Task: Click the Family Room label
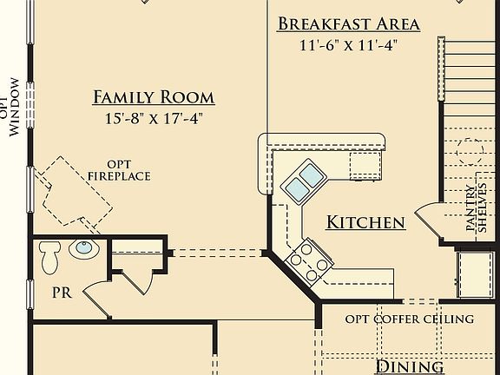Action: pos(154,97)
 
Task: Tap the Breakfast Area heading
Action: pos(349,23)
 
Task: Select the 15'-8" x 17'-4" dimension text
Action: pos(154,117)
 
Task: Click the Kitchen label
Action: pos(365,223)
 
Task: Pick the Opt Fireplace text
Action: pos(119,170)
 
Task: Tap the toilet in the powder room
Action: pos(49,258)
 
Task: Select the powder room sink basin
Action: pos(83,250)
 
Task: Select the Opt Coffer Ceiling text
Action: pos(410,319)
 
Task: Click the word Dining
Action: pos(409,367)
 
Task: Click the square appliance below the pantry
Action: pos(475,273)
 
